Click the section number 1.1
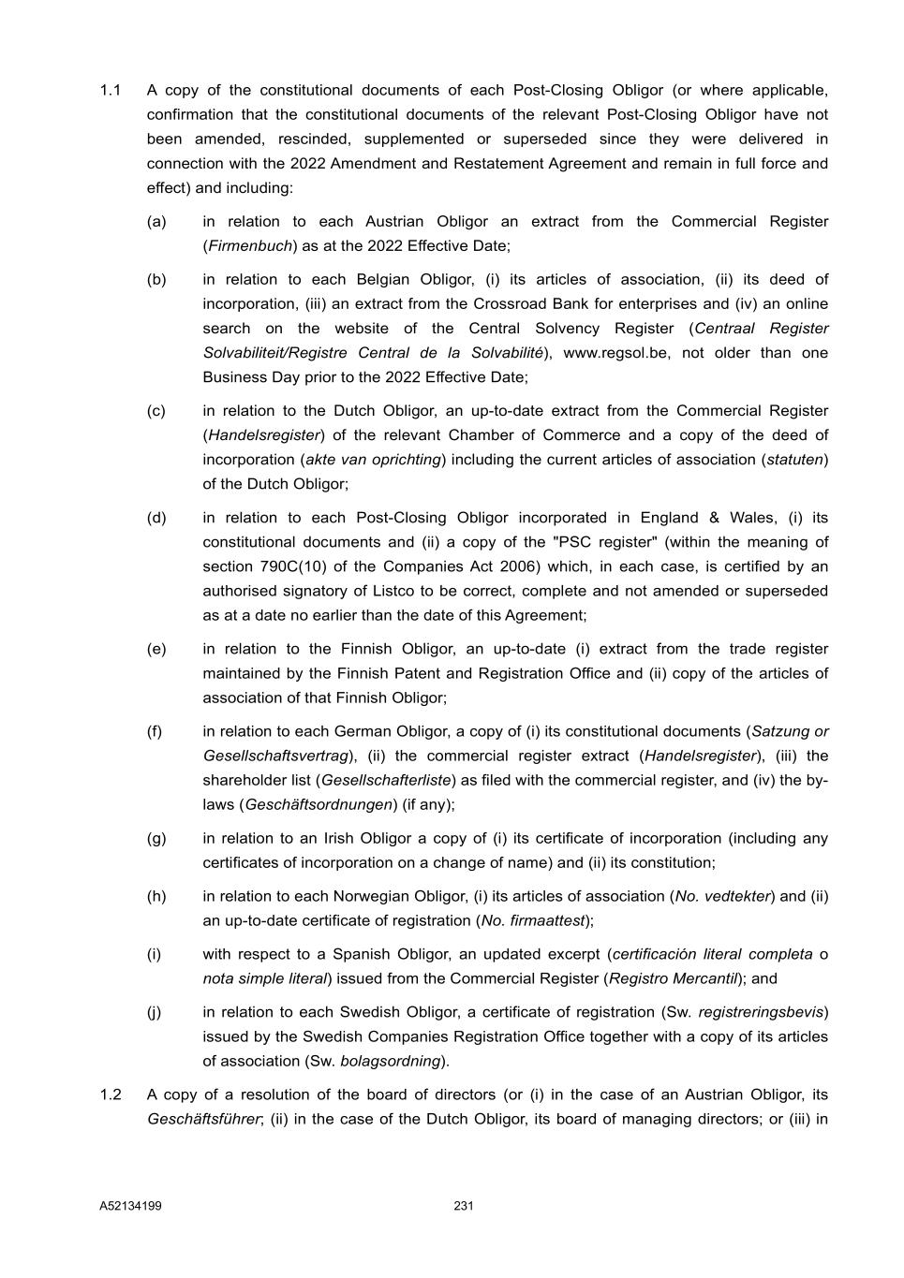coord(110,91)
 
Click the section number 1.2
coord(110,1094)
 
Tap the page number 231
coord(464,1206)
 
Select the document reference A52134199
coord(130,1206)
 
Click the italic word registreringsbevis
coord(760,1012)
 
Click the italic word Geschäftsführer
coord(203,1119)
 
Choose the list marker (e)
coord(156,649)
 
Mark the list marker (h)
coord(156,896)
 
